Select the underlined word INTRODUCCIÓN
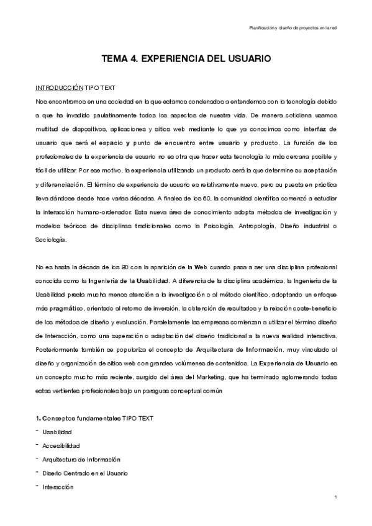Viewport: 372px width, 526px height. tap(59, 87)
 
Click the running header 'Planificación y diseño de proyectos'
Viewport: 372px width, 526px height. tap(292, 27)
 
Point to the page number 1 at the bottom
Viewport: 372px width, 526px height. tap(335, 497)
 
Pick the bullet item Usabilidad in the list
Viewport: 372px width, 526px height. tap(57, 432)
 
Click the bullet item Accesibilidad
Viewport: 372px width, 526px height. tap(61, 445)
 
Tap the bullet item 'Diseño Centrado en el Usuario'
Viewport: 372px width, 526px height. tap(85, 473)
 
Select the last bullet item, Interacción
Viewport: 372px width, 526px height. tap(58, 487)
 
